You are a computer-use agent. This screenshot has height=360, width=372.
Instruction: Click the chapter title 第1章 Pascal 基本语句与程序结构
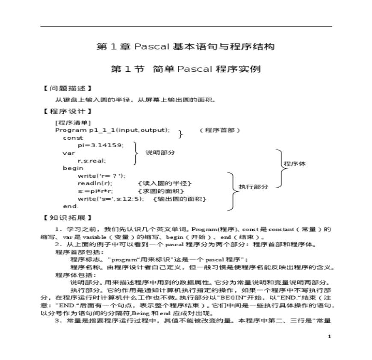tap(186, 47)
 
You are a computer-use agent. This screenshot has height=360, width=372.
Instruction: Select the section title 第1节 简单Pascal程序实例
tap(186, 69)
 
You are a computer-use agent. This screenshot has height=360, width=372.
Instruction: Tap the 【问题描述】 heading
tap(68, 89)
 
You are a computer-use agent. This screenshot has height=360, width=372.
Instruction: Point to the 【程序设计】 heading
tap(68, 112)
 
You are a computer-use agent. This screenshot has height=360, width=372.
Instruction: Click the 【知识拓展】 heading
tap(68, 218)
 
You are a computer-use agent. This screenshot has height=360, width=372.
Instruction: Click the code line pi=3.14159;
tap(100, 145)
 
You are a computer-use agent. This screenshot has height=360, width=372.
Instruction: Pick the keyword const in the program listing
tap(73, 138)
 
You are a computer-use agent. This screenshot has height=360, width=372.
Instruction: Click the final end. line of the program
tap(71, 207)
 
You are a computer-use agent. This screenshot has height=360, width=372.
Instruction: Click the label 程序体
tap(295, 164)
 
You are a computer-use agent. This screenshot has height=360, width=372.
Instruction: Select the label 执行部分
tap(254, 187)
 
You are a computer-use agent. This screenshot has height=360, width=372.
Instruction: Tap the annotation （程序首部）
tap(220, 130)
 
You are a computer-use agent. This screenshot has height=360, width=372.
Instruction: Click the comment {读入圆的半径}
tap(165, 183)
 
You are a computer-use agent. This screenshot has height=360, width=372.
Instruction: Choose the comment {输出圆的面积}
tap(180, 199)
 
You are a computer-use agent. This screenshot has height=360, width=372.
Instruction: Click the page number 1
tap(329, 337)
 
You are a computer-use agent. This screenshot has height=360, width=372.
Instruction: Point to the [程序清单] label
tap(73, 123)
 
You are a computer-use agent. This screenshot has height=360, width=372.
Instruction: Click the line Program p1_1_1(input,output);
tap(112, 130)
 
